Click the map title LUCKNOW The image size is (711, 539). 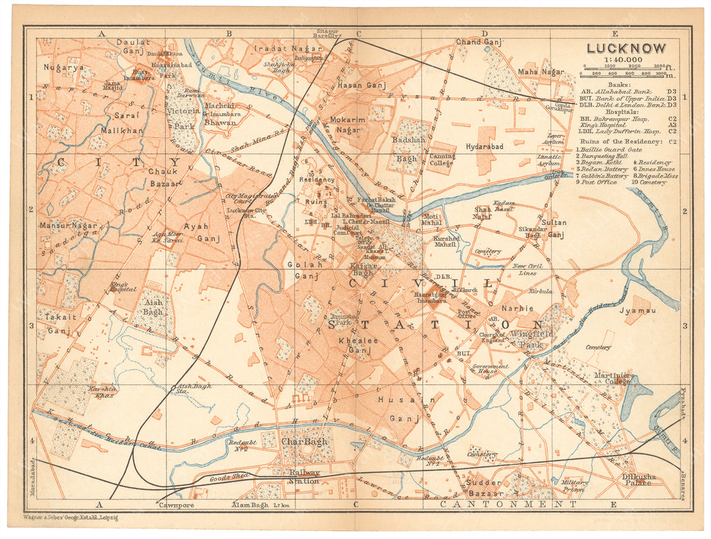point(625,48)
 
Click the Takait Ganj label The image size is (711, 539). point(54,326)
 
